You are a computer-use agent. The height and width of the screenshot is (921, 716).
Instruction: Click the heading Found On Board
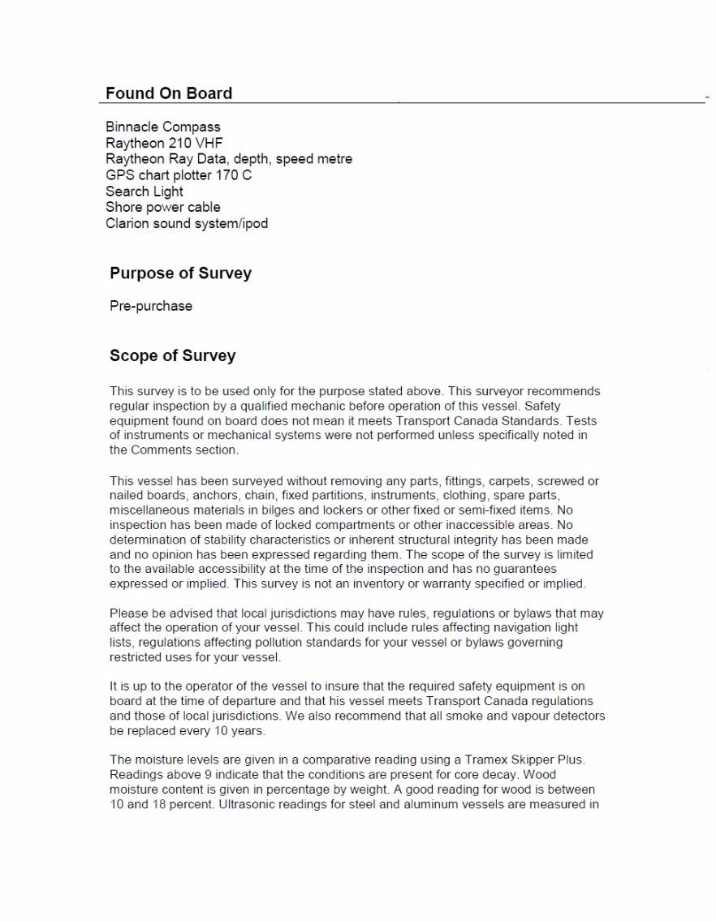(169, 93)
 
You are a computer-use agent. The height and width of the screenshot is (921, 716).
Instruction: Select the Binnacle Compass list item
(162, 127)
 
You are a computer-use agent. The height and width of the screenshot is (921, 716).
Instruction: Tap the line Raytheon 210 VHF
(164, 143)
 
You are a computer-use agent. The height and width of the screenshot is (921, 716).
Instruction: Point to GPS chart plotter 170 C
(179, 175)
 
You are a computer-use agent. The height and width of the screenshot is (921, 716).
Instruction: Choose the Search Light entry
(144, 192)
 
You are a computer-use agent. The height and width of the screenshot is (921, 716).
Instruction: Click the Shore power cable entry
(162, 207)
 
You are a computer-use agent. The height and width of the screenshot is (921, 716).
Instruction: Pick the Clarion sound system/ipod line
(187, 223)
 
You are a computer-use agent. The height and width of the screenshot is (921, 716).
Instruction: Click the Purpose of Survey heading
(180, 273)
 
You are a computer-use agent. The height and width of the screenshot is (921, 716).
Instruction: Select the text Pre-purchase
(151, 306)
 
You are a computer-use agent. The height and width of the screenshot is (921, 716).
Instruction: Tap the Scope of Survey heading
(172, 355)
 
